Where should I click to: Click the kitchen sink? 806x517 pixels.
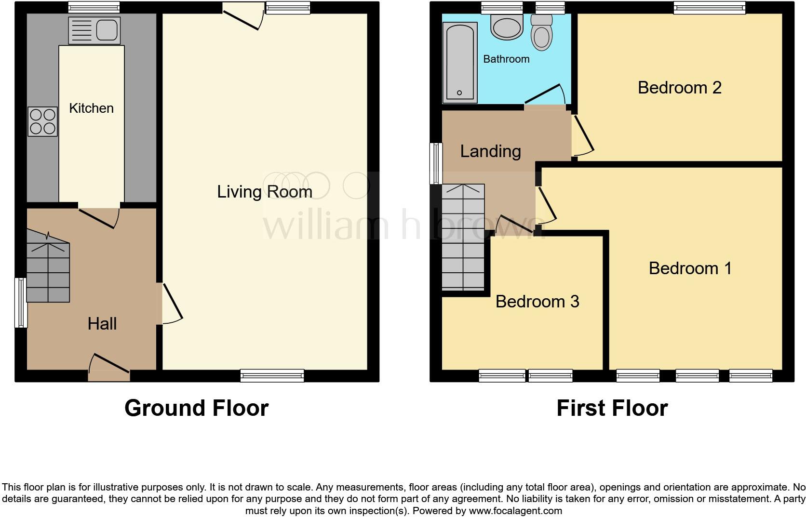[x=94, y=30]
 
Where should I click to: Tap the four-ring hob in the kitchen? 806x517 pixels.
[x=43, y=121]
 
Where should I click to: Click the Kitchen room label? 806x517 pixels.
[x=91, y=108]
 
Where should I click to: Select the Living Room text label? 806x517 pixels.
[x=264, y=192]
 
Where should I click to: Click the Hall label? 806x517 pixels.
[x=102, y=324]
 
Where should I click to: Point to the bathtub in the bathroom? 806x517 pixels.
[x=460, y=63]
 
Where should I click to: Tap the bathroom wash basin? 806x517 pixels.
[x=507, y=27]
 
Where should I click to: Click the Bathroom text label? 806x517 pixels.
[x=506, y=59]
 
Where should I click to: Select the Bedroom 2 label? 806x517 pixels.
[x=679, y=88]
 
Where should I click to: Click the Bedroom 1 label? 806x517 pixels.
[x=690, y=268]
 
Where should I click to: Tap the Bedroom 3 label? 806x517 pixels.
[x=537, y=302]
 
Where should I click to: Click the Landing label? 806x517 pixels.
[x=490, y=151]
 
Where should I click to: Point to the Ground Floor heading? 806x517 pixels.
[x=196, y=408]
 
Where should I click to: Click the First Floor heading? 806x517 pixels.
[x=612, y=408]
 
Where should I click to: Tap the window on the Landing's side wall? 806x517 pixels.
[x=436, y=163]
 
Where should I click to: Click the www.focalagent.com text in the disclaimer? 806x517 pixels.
[x=515, y=511]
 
